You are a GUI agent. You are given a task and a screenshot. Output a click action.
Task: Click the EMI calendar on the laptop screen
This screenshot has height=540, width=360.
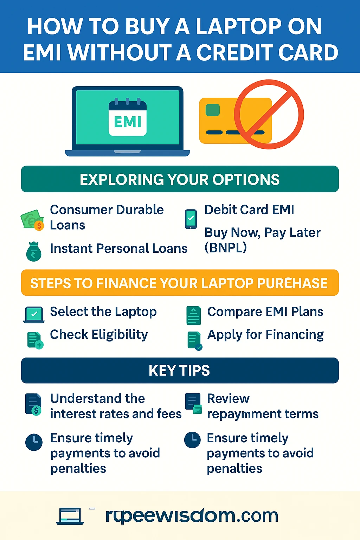[x=128, y=117]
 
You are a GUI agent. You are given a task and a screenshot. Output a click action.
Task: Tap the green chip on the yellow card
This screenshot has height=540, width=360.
[x=212, y=110]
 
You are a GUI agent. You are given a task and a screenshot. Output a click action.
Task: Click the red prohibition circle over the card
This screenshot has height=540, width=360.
[x=269, y=114]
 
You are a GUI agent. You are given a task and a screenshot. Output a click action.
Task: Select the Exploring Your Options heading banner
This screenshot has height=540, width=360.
[x=180, y=179]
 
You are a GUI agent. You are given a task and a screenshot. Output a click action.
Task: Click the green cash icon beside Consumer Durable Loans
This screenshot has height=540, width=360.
[x=32, y=220]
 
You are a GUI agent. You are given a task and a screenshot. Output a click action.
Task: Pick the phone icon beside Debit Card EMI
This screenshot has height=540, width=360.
[x=191, y=219]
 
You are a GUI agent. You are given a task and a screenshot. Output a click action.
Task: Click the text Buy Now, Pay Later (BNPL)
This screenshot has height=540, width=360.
[x=262, y=240]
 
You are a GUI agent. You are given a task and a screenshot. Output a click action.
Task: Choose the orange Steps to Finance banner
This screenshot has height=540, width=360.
[x=180, y=283]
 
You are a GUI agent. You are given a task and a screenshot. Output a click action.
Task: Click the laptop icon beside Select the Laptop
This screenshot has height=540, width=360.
[x=34, y=315]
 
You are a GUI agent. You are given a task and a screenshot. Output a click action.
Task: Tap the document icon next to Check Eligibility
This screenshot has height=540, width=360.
[x=35, y=340]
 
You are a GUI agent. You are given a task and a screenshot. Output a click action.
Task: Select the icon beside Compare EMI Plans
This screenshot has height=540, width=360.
[x=194, y=315]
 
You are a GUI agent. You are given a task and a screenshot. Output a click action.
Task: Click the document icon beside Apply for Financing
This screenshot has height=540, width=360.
[x=195, y=341]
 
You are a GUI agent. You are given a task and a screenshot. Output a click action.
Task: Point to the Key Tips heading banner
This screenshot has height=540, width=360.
[x=180, y=370]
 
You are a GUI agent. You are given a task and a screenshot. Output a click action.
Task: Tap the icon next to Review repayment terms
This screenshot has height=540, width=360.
[x=193, y=403]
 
